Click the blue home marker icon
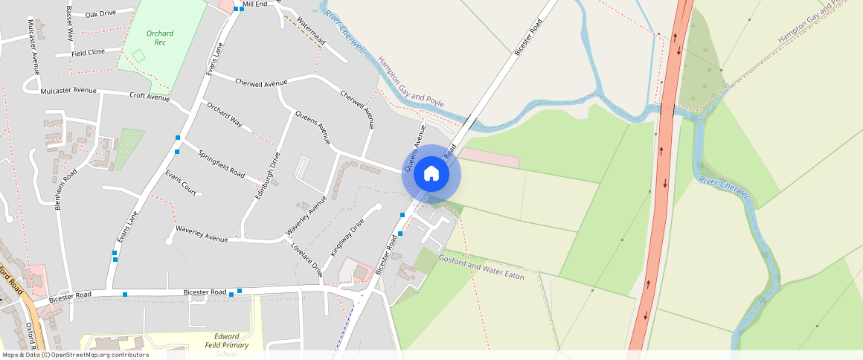pos(431,174)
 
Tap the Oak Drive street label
pos(100,13)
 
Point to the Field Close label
pos(88,53)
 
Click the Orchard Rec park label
pos(160,38)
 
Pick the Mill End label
pos(254,4)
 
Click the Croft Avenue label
pos(150,96)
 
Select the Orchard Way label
pos(225,113)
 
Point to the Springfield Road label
pos(221,164)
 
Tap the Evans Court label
pos(181,183)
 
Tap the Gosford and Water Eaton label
pos(481,267)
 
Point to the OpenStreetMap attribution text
pos(74,355)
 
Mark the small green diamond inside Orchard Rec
pos(138,55)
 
